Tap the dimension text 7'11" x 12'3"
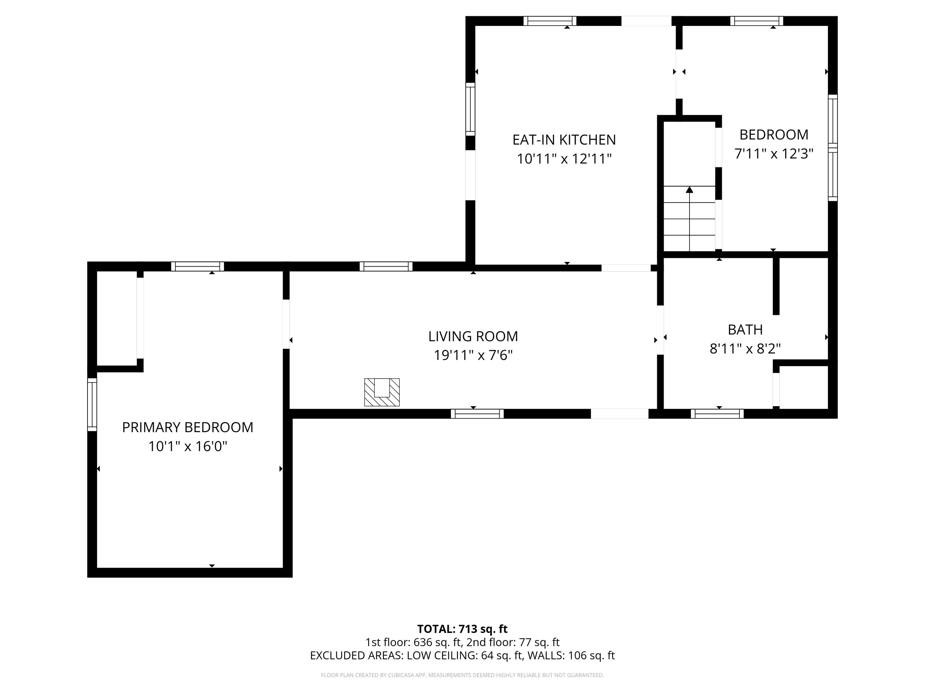[774, 154]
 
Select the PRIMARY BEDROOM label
[187, 427]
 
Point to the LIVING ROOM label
[473, 336]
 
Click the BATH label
[745, 330]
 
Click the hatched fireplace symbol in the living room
[382, 392]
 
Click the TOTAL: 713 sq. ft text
[462, 629]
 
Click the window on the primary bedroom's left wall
[92, 404]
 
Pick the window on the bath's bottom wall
[717, 414]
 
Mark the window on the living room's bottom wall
[477, 414]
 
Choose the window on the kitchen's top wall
[550, 21]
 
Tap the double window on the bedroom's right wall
[832, 148]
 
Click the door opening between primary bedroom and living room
[286, 324]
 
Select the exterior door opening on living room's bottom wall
[619, 414]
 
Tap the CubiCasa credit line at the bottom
[462, 675]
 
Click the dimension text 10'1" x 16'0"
[187, 446]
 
